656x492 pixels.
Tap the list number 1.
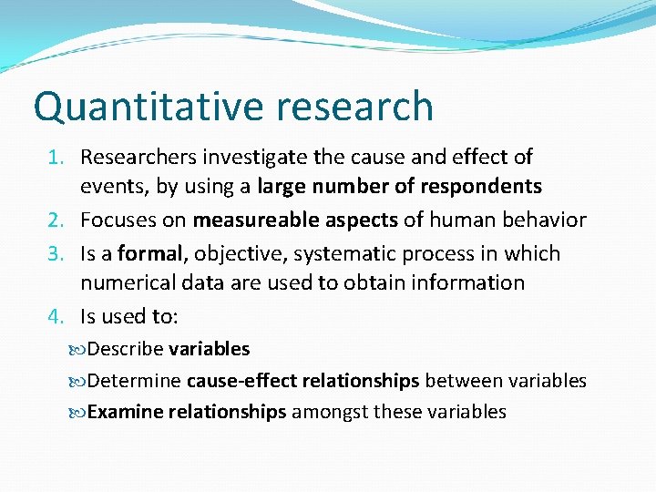pyautogui.click(x=56, y=158)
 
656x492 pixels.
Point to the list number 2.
pyautogui.click(x=56, y=220)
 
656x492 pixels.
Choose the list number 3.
pyautogui.click(x=56, y=254)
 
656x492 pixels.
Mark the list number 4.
pyautogui.click(x=56, y=317)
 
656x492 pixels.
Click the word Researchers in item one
pyautogui.click(x=138, y=158)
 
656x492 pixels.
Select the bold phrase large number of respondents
pyautogui.click(x=399, y=188)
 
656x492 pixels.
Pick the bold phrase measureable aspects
pyautogui.click(x=295, y=220)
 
